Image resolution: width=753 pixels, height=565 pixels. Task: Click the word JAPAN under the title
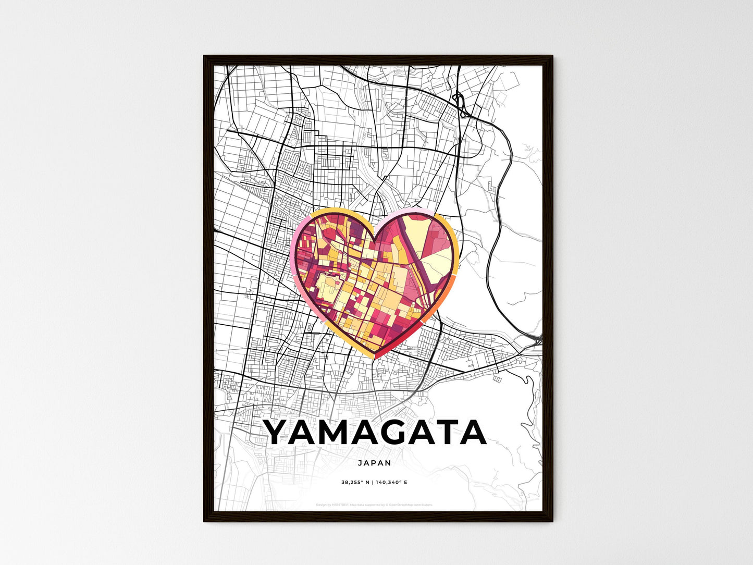375,462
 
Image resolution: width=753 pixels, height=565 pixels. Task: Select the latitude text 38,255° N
355,483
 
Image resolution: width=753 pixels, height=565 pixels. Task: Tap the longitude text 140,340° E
392,483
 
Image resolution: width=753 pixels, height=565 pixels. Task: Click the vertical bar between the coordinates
373,483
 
